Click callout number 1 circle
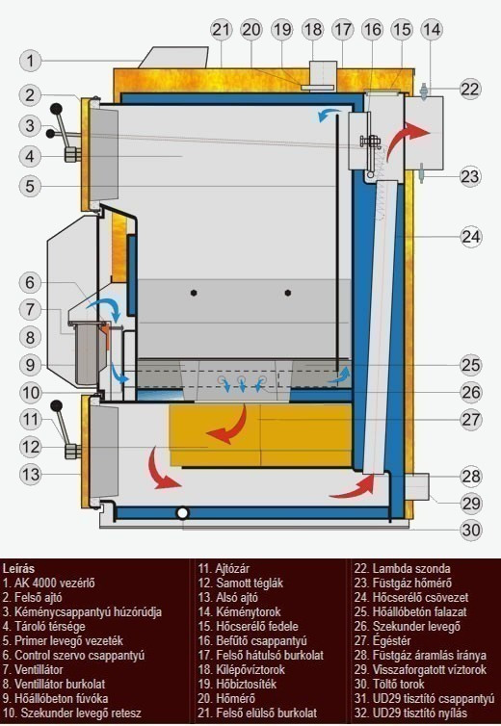(x=31, y=61)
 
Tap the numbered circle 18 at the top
(x=313, y=30)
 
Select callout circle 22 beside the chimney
(x=470, y=89)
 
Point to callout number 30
(x=471, y=530)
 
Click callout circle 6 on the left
(x=31, y=282)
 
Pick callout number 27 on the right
(x=471, y=420)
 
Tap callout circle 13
(x=31, y=474)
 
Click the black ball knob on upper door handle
(x=56, y=109)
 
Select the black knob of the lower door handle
(x=56, y=406)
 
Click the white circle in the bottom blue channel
(x=183, y=513)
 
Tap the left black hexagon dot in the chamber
(x=194, y=293)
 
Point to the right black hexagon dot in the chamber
(x=288, y=293)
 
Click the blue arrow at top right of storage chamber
(x=329, y=114)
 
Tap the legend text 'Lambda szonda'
(x=411, y=569)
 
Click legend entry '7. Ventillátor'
(x=33, y=669)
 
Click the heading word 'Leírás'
(x=18, y=569)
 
